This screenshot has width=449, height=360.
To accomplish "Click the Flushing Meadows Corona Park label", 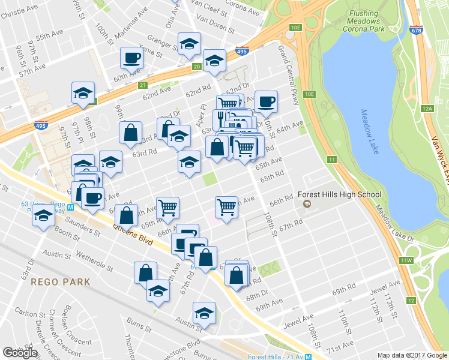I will [363, 22].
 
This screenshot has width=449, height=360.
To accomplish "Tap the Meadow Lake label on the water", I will [370, 131].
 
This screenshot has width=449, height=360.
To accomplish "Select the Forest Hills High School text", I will [340, 194].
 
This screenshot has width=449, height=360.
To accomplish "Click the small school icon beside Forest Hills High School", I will [307, 205].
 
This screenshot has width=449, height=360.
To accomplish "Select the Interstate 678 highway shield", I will [415, 29].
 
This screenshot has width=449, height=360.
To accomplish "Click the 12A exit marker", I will [427, 109].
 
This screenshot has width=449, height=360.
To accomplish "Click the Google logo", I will [20, 353].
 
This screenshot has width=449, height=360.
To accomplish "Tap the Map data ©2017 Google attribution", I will [412, 355].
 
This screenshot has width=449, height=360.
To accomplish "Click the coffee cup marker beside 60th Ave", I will [132, 59].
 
